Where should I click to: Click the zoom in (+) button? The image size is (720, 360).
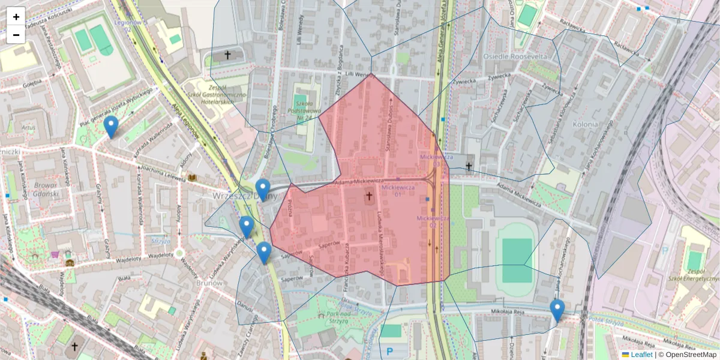16,17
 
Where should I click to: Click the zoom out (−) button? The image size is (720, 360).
16,34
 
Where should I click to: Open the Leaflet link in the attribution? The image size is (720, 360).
641,355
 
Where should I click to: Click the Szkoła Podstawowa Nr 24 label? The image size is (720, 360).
308,110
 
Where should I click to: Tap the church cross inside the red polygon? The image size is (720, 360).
369,196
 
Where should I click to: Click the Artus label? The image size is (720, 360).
28,127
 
